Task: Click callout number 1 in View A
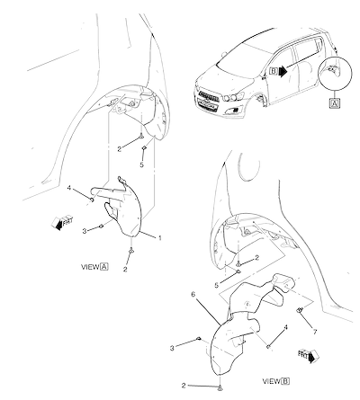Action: click(160, 238)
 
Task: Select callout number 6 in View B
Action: click(193, 294)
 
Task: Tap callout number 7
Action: click(315, 332)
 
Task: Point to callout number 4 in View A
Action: click(69, 188)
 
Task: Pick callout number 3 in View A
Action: click(85, 231)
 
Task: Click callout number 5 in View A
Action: click(141, 164)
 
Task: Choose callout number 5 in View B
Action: click(217, 285)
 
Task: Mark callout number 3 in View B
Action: click(172, 348)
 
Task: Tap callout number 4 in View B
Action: click(286, 328)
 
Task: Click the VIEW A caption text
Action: click(94, 267)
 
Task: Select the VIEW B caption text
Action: click(276, 381)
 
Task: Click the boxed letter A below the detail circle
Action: click(335, 103)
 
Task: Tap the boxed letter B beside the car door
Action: click(274, 71)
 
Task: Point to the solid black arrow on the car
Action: click(283, 72)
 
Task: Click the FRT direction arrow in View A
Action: click(62, 222)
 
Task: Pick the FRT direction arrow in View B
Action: click(309, 355)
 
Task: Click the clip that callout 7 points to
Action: click(300, 310)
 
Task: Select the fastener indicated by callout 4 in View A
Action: click(93, 200)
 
